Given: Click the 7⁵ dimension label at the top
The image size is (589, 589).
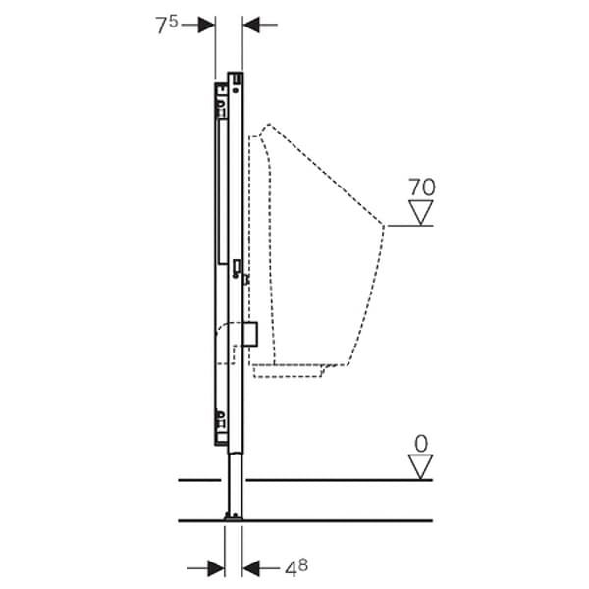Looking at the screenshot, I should [x=167, y=24].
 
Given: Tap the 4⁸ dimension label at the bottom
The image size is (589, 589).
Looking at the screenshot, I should [x=296, y=567].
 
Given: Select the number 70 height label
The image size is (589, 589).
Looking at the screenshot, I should [x=423, y=187].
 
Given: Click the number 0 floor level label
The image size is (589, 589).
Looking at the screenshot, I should [x=421, y=443].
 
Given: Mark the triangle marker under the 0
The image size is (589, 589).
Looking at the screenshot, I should [x=421, y=467].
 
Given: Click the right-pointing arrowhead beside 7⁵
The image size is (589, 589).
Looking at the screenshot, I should [x=206, y=25].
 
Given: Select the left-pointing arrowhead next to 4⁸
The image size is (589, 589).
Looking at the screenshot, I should [x=251, y=566].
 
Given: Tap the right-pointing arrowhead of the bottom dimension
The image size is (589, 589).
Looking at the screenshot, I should [x=216, y=566].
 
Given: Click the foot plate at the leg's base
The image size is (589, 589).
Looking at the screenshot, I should [x=234, y=515].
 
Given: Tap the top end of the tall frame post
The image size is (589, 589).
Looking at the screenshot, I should [x=236, y=76].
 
